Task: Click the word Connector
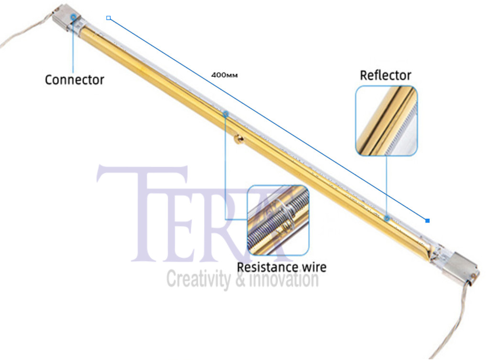coord(74,79)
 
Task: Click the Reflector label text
coord(385,75)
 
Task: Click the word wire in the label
coord(313,266)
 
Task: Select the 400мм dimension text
coord(225,75)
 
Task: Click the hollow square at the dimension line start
coord(108,18)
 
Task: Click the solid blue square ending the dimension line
coord(427,220)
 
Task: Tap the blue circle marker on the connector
coord(73,17)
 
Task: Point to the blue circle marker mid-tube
coord(226,114)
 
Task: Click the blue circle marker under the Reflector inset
coord(387,218)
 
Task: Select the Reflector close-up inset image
coord(386,120)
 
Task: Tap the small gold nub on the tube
coord(238,139)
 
